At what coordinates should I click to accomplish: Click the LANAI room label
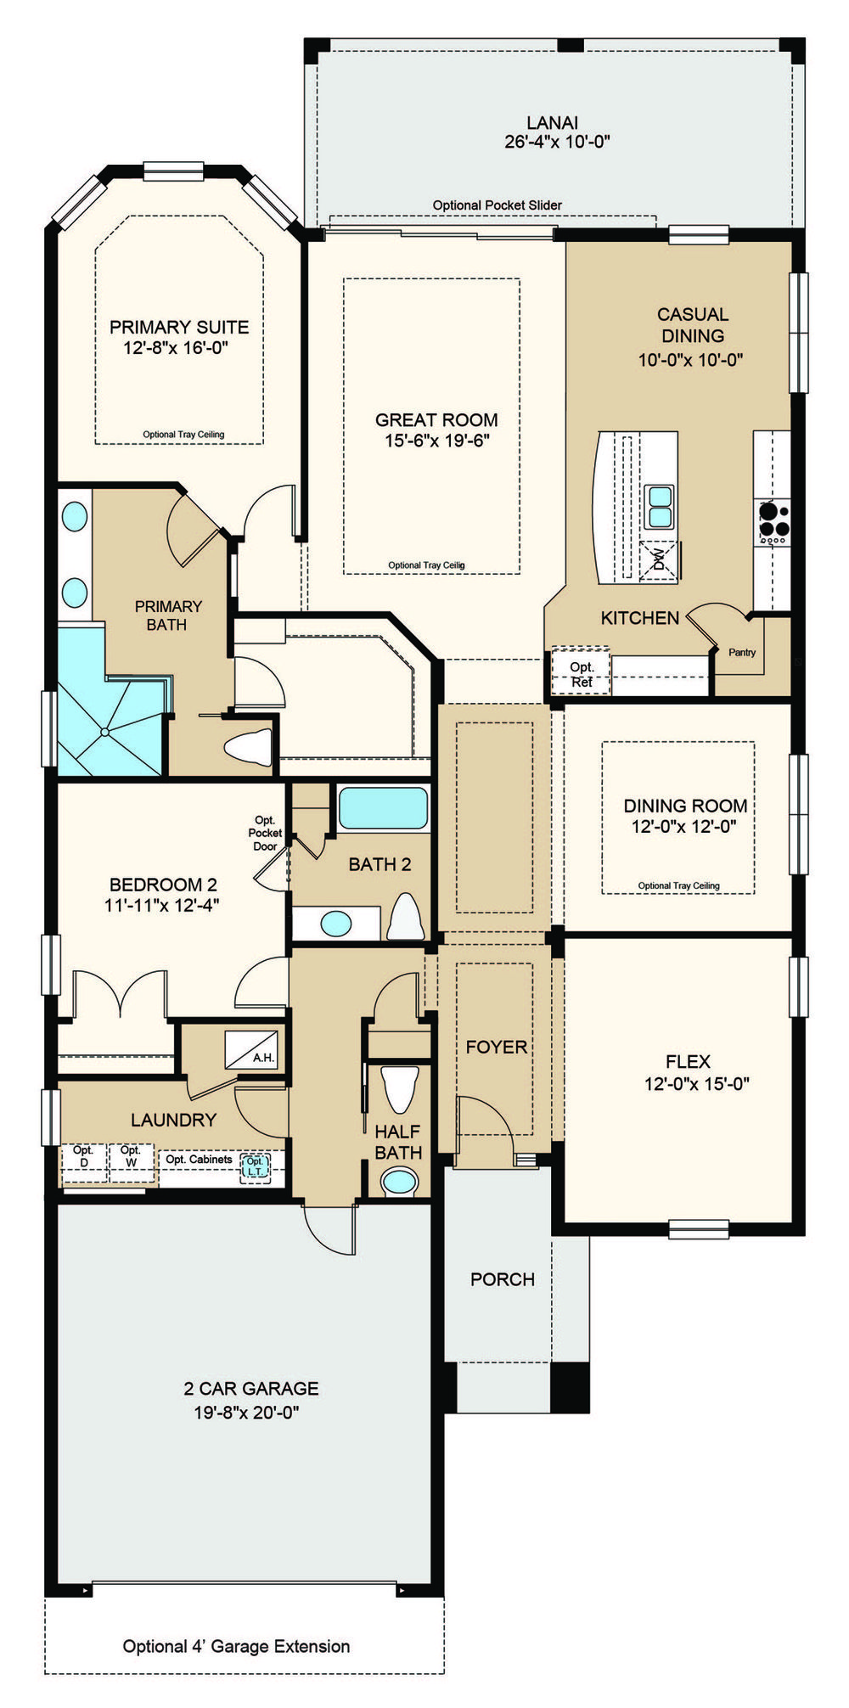click(552, 123)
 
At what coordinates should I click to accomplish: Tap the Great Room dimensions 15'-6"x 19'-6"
click(437, 441)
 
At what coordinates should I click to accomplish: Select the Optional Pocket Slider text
click(498, 205)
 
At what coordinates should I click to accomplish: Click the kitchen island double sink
click(659, 507)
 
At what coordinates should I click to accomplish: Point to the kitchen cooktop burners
click(773, 522)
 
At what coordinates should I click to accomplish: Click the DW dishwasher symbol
click(659, 560)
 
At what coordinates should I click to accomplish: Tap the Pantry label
click(742, 653)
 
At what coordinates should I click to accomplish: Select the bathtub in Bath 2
click(383, 808)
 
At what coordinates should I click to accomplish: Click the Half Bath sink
click(399, 1182)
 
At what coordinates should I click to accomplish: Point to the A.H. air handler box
click(251, 1049)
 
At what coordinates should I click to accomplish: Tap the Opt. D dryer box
click(84, 1162)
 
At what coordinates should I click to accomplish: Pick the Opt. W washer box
click(131, 1162)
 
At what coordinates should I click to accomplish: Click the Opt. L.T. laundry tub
click(256, 1166)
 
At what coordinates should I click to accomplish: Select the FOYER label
click(497, 1048)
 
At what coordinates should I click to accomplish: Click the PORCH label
click(503, 1279)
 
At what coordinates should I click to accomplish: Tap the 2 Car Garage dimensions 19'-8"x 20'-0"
click(246, 1413)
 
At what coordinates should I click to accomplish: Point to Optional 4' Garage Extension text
click(237, 1646)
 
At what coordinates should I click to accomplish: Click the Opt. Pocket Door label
click(265, 833)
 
